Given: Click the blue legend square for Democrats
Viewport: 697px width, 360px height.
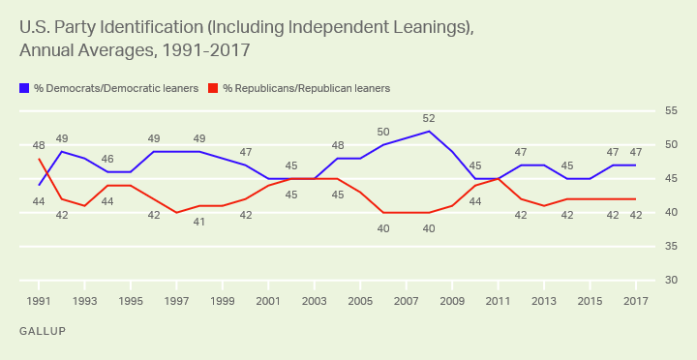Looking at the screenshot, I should coord(24,88).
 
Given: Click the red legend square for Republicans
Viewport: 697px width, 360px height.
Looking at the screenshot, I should coord(214,88).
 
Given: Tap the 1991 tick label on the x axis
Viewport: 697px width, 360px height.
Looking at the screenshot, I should coord(39,302).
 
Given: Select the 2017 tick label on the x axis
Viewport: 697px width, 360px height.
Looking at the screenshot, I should coord(635,302).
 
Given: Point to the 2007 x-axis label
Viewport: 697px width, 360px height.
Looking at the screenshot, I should coord(406,302).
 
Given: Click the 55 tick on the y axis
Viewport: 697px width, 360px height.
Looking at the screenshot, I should coord(670,111).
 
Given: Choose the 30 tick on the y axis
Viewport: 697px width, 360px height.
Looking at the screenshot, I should coord(670,281).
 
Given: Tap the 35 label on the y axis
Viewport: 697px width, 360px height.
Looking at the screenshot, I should coord(670,247).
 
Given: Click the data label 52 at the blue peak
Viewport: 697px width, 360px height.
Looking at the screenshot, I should coord(428,118).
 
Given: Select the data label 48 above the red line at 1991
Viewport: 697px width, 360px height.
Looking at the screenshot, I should coord(39,145).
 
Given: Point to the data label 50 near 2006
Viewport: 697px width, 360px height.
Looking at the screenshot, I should coord(382,132).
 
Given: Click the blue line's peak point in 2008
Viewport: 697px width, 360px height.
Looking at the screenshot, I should coord(429,131).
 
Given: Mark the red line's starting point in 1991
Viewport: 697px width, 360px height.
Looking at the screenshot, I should coord(39,159).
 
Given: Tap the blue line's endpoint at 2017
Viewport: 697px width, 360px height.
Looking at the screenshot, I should coord(635,165).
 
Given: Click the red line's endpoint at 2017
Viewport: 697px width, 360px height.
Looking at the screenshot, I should coord(635,199).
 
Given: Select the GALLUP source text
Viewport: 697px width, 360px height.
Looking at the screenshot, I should coord(41,332).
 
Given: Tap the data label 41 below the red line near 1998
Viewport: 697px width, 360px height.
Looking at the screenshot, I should coord(199,221).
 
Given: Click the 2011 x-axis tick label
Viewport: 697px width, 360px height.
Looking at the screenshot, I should coord(498,302).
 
